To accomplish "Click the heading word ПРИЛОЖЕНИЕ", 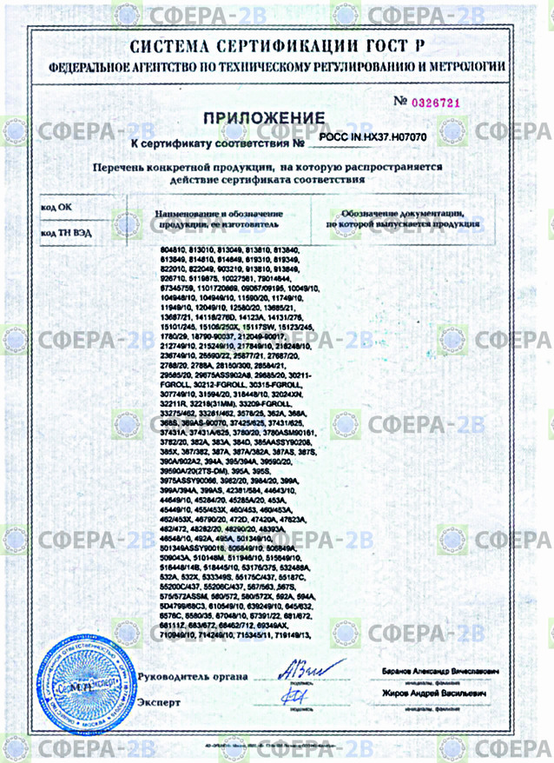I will [x=264, y=117].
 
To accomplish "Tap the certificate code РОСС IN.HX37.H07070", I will [x=373, y=137].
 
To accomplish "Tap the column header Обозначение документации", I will [x=399, y=213].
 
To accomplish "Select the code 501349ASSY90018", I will [x=194, y=548].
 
